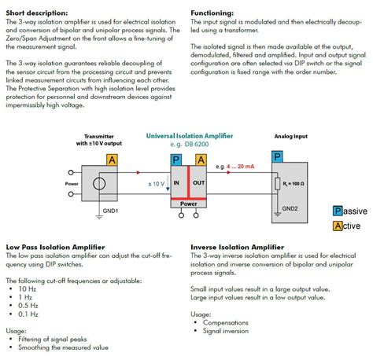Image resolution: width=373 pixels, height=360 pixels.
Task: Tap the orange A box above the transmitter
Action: pyautogui.click(x=113, y=160)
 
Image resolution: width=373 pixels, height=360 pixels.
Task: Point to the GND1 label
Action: pyautogui.click(x=110, y=212)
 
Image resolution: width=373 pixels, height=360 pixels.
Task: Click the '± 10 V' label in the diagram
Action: pyautogui.click(x=157, y=183)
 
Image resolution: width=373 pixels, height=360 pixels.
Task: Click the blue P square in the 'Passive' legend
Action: pyautogui.click(x=338, y=211)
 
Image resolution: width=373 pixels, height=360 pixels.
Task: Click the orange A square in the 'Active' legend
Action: pyautogui.click(x=338, y=226)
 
